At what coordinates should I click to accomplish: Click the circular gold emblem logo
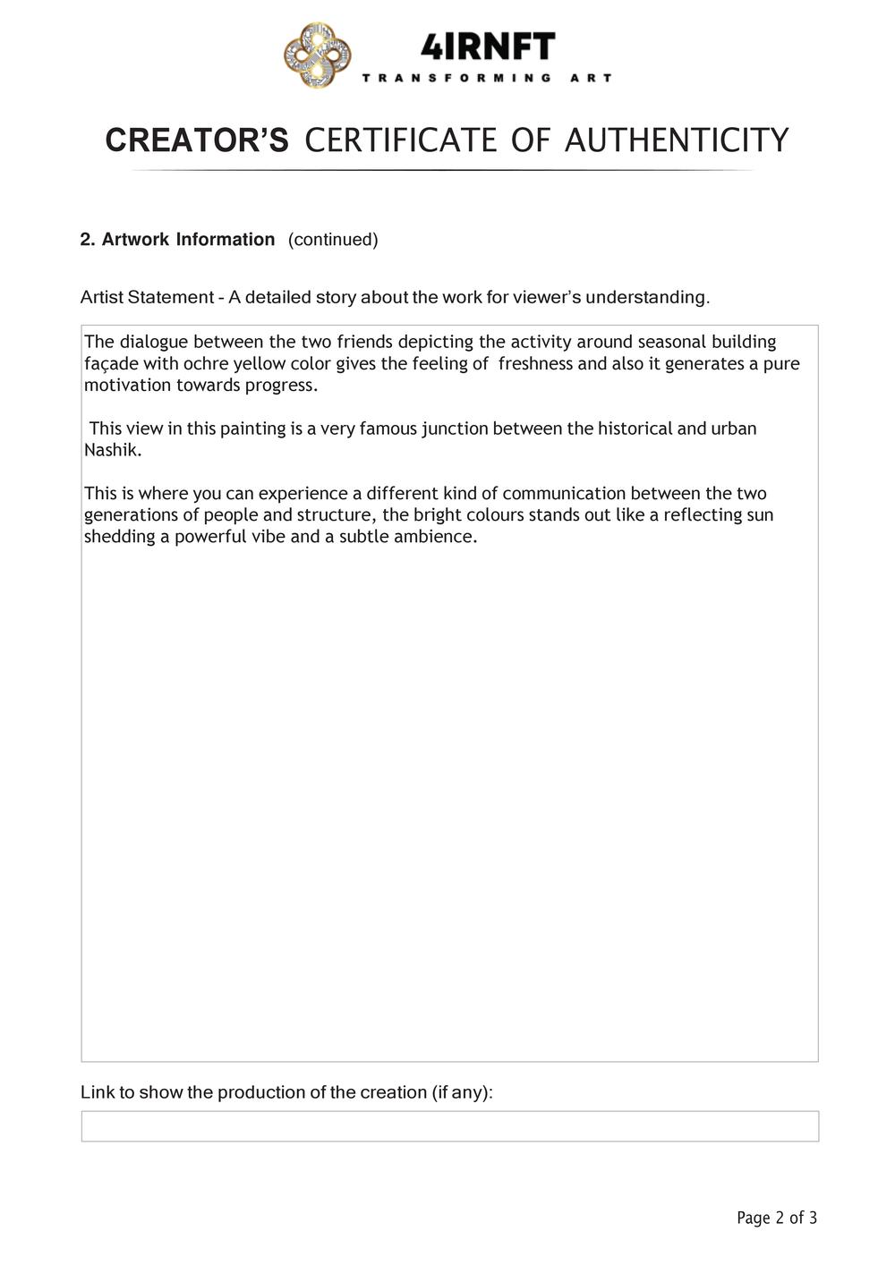tap(317, 56)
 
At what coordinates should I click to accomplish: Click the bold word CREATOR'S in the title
tap(197, 140)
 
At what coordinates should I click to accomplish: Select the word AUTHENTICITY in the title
tap(677, 140)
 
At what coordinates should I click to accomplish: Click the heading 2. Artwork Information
tap(177, 240)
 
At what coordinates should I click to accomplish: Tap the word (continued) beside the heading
tap(333, 240)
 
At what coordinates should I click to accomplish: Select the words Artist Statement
tap(147, 297)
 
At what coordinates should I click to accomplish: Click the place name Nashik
tap(113, 450)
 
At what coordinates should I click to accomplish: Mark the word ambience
tap(435, 537)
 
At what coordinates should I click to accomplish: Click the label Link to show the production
tap(286, 1092)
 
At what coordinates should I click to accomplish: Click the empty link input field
tap(449, 1126)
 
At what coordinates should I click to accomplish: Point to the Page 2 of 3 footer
tap(776, 1218)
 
